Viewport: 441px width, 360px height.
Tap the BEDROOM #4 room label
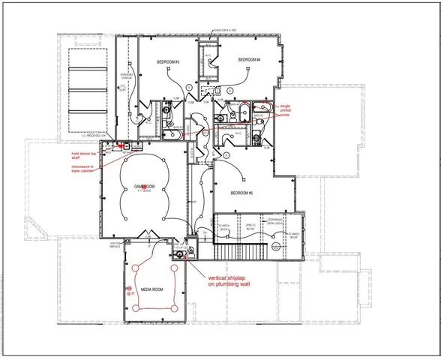[x=249, y=59]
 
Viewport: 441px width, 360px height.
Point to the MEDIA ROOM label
[x=153, y=287]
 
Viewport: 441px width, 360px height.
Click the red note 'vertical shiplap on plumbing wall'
[x=230, y=280]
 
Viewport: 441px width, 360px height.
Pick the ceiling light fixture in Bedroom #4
[x=247, y=73]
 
